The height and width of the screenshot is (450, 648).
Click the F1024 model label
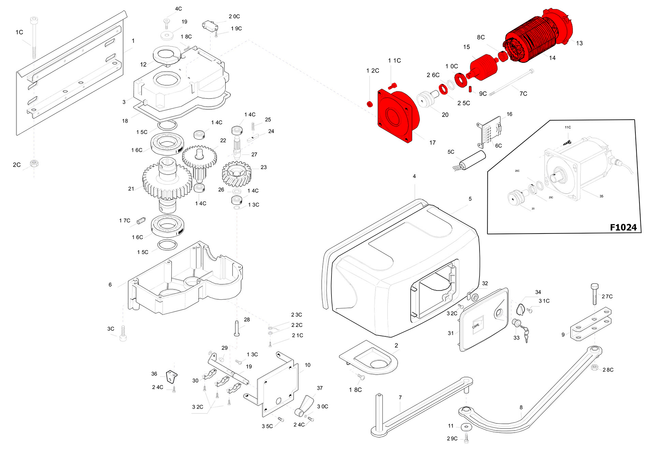pyautogui.click(x=623, y=227)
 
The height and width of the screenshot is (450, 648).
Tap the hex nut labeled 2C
pyautogui.click(x=34, y=163)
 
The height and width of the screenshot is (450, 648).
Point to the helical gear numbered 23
pyautogui.click(x=237, y=174)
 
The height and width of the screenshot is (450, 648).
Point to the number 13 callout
pyautogui.click(x=579, y=43)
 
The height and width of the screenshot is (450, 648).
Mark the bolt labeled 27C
pyautogui.click(x=594, y=294)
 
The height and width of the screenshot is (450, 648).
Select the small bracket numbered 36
pyautogui.click(x=172, y=376)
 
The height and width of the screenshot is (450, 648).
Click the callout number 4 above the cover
pyautogui.click(x=414, y=176)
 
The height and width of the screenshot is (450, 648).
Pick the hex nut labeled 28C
pyautogui.click(x=594, y=367)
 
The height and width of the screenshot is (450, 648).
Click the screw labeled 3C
pyautogui.click(x=123, y=333)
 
